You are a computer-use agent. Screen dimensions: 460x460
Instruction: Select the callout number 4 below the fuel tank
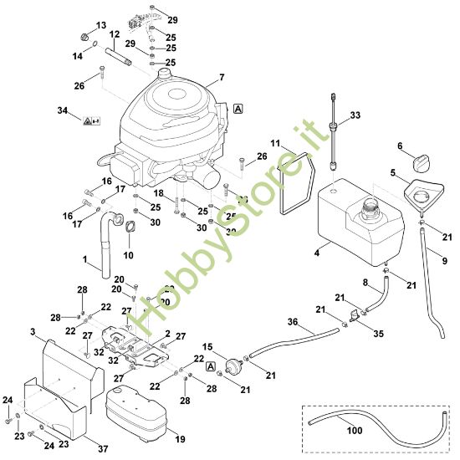click(316, 251)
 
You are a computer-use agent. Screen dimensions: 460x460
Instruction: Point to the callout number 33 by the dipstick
click(355, 115)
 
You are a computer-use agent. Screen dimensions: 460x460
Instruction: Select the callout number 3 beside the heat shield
click(33, 333)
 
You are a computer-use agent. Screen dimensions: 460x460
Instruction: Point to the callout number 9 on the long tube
click(444, 262)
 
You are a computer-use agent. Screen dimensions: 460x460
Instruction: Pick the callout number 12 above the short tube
click(115, 35)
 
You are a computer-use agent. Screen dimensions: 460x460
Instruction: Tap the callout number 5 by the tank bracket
click(392, 173)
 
